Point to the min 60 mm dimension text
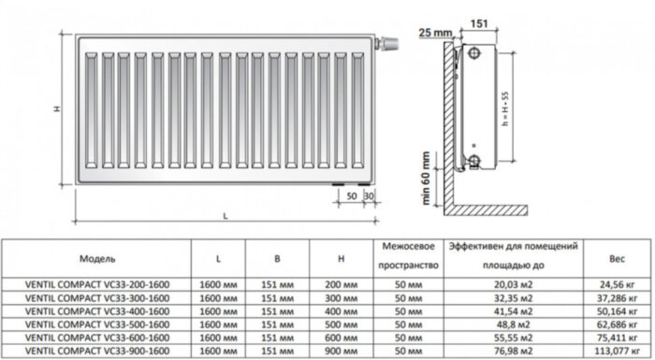pyautogui.click(x=427, y=177)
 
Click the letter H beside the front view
pyautogui.click(x=56, y=108)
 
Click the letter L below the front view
pyautogui.click(x=225, y=216)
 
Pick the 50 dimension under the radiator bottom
pyautogui.click(x=351, y=196)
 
